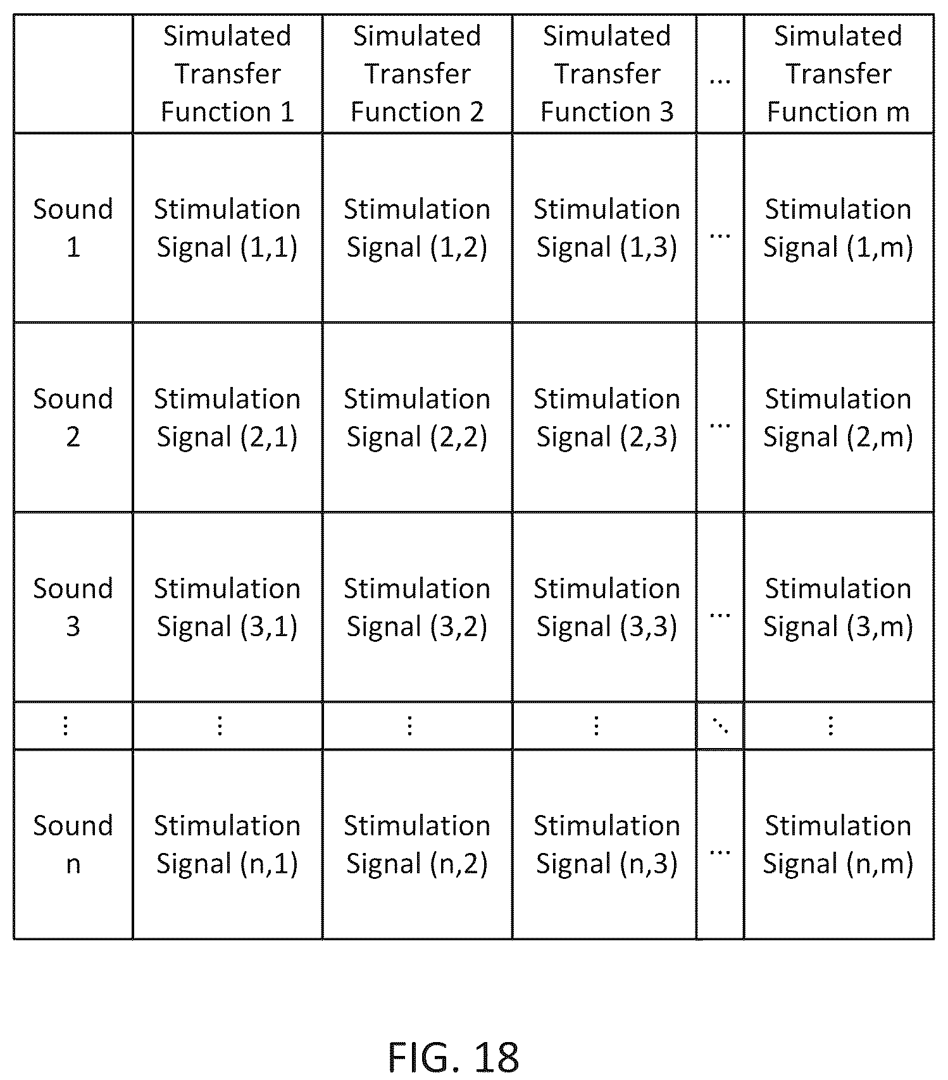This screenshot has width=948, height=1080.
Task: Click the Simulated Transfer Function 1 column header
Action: [227, 74]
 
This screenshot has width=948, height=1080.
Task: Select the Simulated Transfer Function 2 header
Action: [417, 74]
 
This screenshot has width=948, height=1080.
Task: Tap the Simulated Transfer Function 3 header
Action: [606, 74]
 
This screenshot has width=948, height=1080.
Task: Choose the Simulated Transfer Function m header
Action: [838, 74]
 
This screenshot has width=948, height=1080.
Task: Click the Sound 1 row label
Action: [73, 228]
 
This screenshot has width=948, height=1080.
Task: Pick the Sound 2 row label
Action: [73, 417]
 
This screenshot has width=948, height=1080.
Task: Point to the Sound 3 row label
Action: [73, 607]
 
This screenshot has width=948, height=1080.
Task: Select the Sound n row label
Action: [73, 844]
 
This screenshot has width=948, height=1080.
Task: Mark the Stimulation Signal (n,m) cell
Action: [838, 845]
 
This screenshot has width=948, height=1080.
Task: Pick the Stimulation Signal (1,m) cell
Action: [838, 228]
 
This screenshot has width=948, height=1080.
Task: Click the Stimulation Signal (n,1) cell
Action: [227, 845]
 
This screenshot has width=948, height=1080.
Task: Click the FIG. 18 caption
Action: [453, 1056]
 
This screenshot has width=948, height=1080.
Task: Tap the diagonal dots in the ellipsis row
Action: [720, 726]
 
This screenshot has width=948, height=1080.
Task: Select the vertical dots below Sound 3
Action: [65, 726]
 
